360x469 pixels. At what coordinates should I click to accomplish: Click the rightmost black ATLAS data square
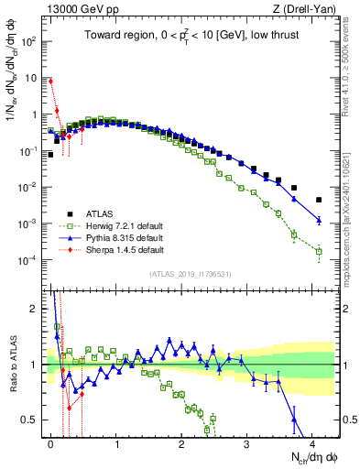pyautogui.click(x=319, y=200)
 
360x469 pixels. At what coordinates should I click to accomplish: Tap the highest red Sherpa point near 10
pyautogui.click(x=50, y=81)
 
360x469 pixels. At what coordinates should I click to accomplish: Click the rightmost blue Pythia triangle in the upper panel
pyautogui.click(x=319, y=220)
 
